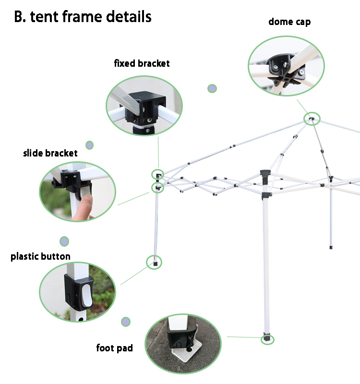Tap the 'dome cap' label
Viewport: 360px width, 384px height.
tap(289, 22)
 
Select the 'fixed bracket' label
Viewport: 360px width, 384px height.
tap(142, 63)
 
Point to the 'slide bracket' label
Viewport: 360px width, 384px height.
tap(50, 153)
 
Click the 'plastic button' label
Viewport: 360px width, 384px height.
tap(41, 256)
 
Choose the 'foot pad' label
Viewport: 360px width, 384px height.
tap(114, 348)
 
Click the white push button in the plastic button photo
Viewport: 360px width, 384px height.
tap(86, 295)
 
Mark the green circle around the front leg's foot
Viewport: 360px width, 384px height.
tap(267, 339)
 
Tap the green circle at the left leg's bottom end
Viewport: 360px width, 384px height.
tap(154, 262)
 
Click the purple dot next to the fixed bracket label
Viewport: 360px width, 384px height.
tap(212, 88)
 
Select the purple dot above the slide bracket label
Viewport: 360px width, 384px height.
tap(89, 145)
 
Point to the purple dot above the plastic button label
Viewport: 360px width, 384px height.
tap(64, 241)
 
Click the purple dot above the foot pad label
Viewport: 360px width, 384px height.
tap(126, 321)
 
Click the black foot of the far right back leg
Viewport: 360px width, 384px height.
tap(331, 247)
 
